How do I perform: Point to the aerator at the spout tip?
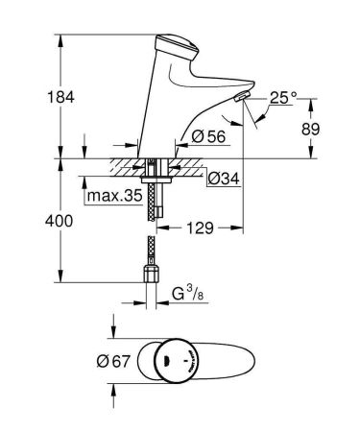tap(239, 98)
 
